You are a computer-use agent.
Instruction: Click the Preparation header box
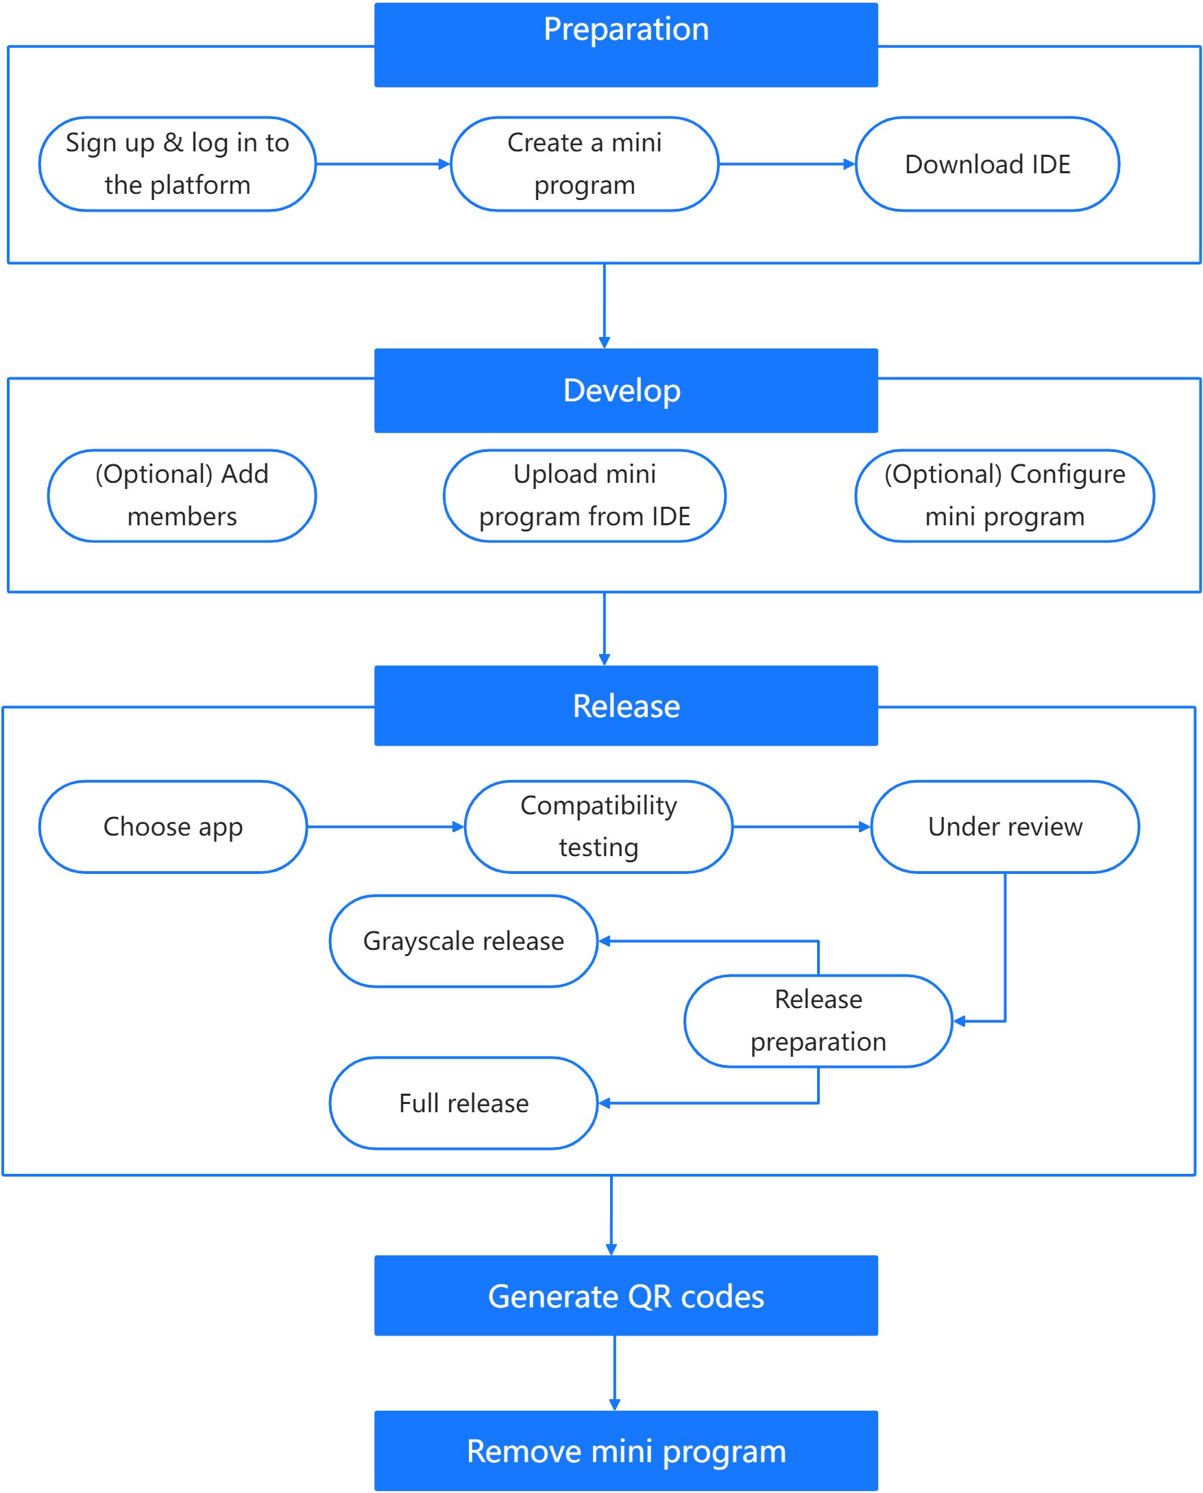coord(626,45)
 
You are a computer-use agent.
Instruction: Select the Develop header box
coord(626,390)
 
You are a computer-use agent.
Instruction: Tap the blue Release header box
coord(626,705)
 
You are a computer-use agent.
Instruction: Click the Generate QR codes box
coord(626,1296)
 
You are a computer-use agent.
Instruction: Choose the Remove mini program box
coord(626,1451)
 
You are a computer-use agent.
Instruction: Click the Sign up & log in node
coord(178,164)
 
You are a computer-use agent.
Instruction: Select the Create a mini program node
coord(584,164)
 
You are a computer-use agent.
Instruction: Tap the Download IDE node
coord(988,164)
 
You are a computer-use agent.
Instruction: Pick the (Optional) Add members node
coord(182,496)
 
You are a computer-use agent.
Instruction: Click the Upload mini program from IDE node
coord(584,496)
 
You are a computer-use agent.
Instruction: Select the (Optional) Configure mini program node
coord(1005,496)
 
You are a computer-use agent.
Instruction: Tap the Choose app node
coord(173,827)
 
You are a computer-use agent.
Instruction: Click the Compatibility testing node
coord(598,827)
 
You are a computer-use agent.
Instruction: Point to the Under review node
coord(1005,827)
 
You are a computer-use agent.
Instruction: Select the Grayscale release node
coord(463,941)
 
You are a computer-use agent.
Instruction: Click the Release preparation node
coord(818,1020)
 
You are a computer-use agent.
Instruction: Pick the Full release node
coord(463,1103)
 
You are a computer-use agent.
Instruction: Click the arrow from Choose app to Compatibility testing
coord(385,827)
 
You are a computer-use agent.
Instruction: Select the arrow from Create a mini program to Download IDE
coord(786,164)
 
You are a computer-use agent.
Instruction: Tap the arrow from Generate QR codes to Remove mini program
coord(615,1372)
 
